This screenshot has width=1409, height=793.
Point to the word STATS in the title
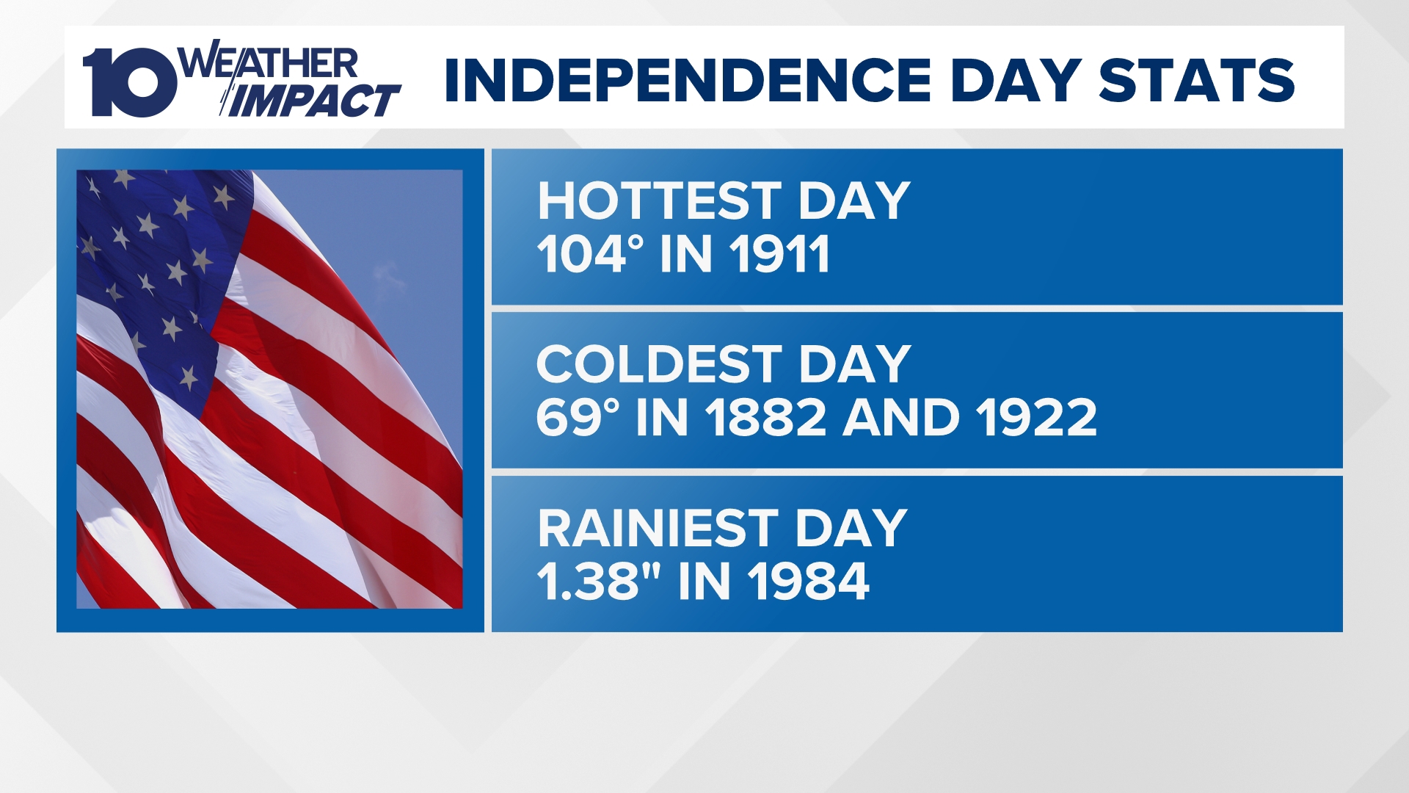1197,80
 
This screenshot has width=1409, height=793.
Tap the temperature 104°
590,254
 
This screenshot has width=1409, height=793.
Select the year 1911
779,254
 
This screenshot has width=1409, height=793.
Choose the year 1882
766,417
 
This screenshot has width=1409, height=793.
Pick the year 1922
1036,417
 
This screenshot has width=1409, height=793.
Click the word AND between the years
902,417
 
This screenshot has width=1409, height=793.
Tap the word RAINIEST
658,528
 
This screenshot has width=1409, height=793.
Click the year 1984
809,581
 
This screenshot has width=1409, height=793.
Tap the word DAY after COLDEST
855,364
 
